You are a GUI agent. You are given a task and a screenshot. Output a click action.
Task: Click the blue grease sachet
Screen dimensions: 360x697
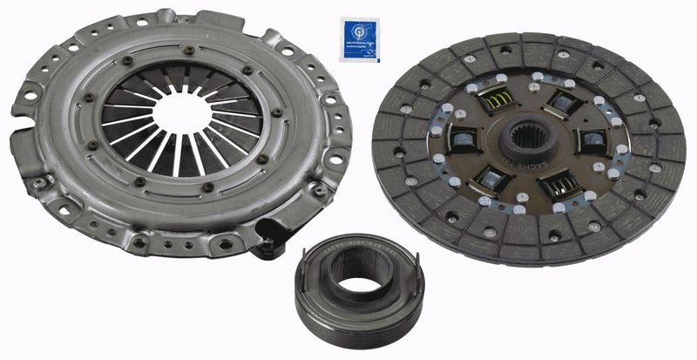(x=361, y=39)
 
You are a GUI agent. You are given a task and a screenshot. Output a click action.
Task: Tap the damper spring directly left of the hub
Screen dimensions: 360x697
(x=463, y=140)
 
